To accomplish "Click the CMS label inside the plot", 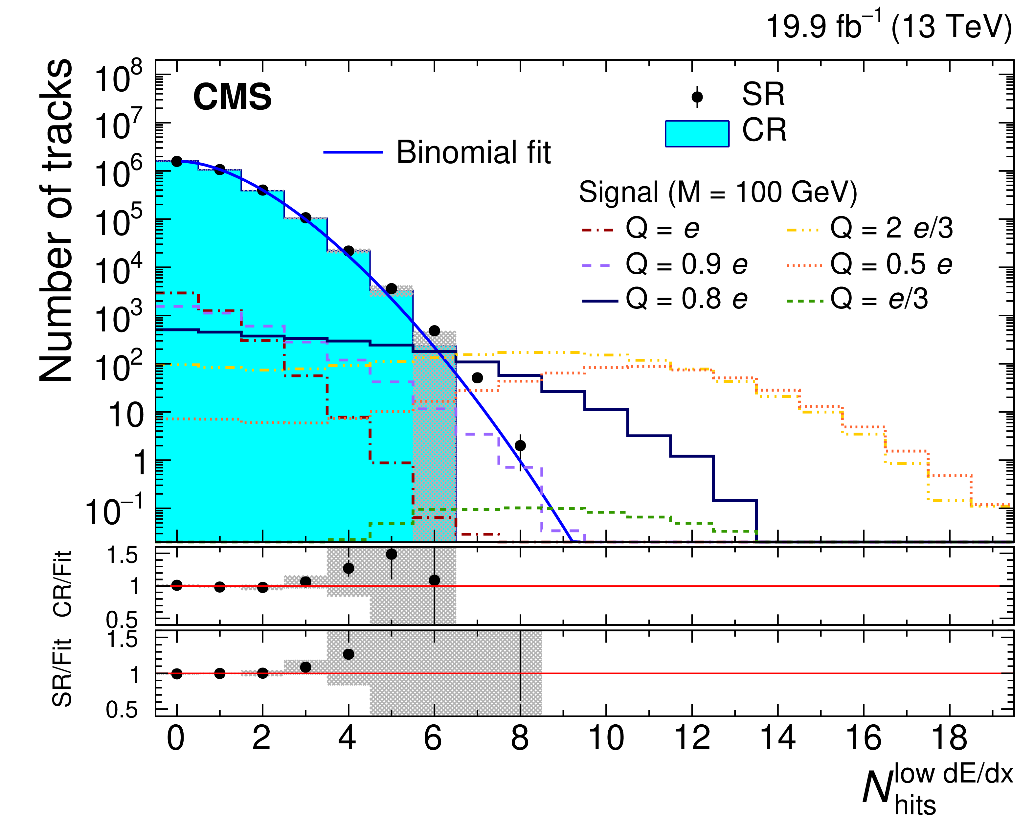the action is [232, 97].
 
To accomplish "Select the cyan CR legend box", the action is [697, 133].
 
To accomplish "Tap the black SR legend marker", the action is [697, 97].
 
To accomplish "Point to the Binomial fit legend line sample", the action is [353, 152].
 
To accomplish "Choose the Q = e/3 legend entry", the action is [857, 299].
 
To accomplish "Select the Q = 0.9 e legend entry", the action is [665, 264].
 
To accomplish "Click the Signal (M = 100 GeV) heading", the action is [718, 193].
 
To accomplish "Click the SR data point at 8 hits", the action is [520, 445].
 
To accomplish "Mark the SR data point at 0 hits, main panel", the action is [177, 161].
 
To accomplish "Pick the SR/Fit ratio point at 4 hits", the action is [349, 654].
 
